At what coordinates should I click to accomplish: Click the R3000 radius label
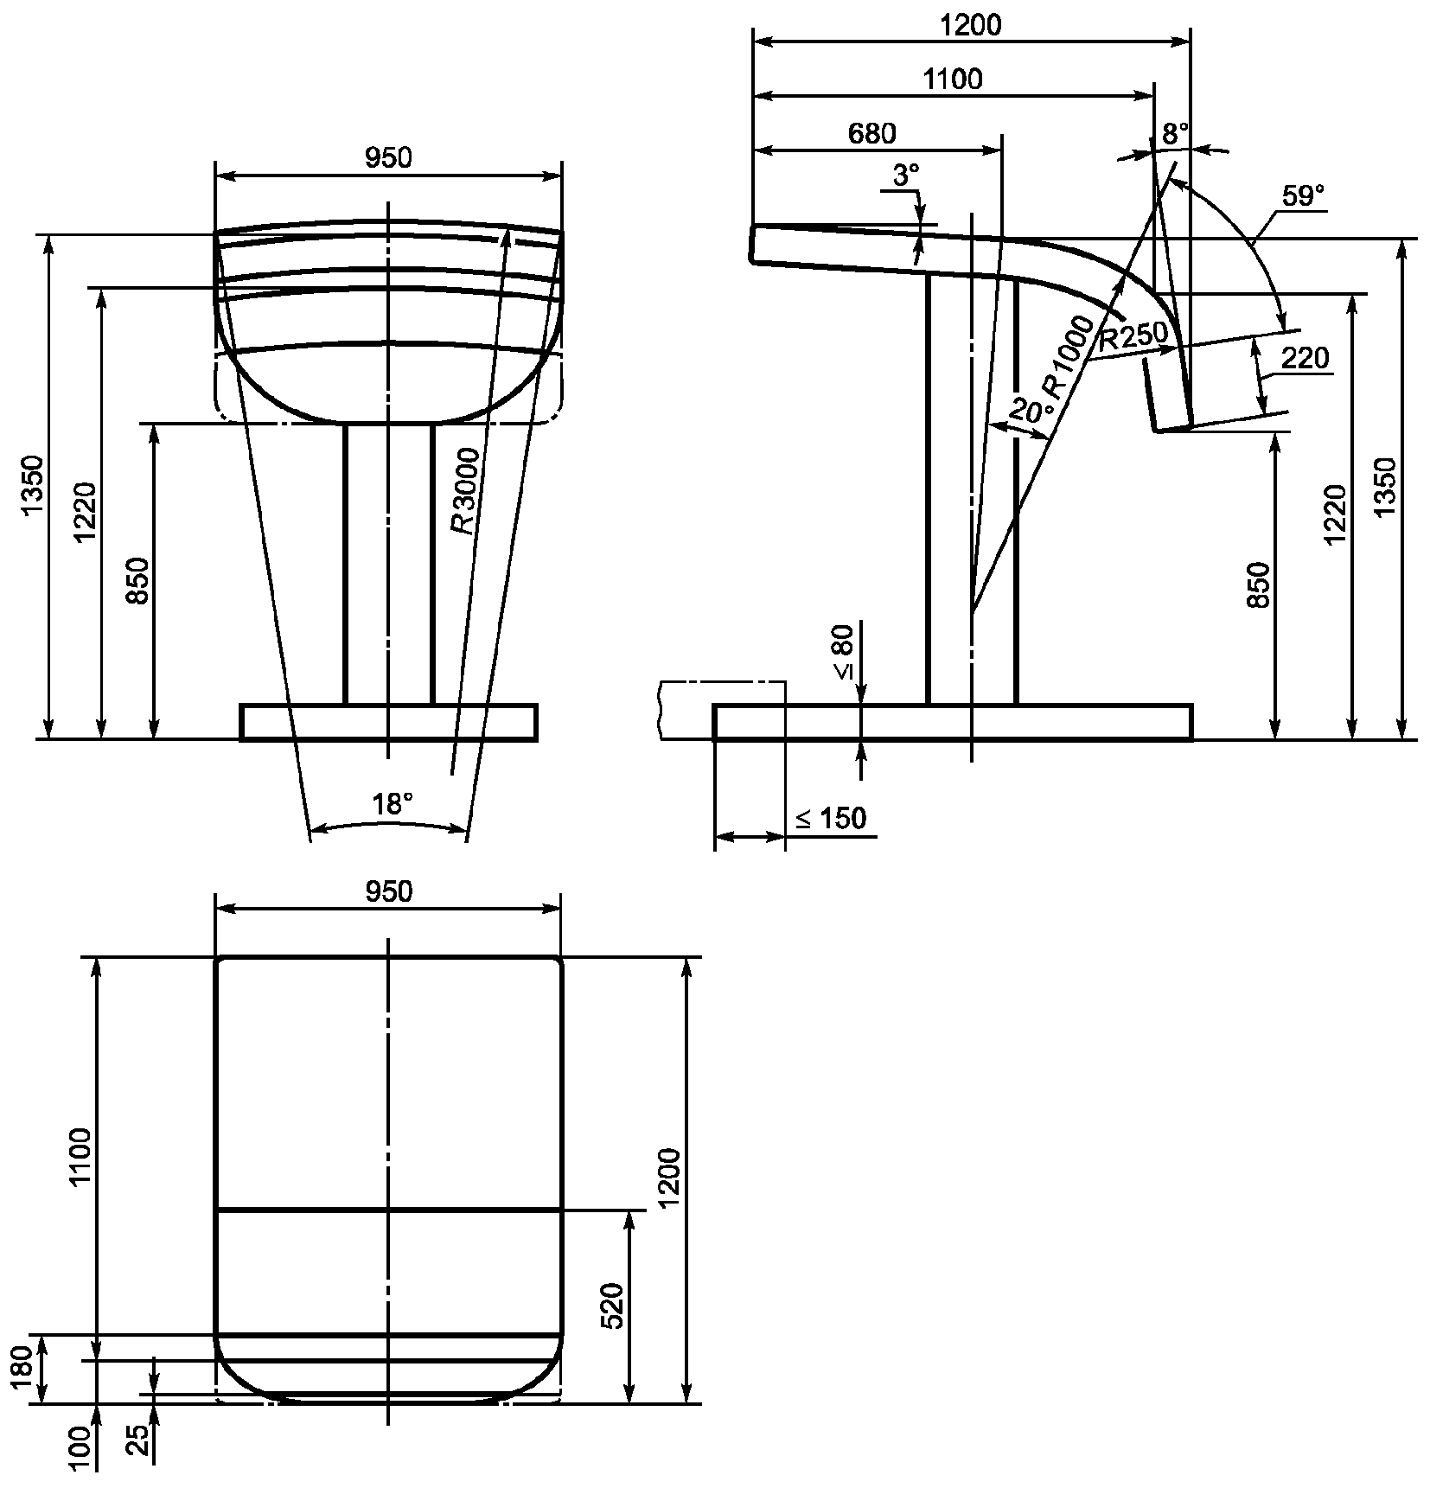point(463,490)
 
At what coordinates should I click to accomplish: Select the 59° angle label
point(1303,195)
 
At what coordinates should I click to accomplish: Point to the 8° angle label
point(1175,134)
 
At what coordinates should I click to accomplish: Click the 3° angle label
point(905,176)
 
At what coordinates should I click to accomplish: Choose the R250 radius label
point(1133,337)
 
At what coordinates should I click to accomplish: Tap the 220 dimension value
point(1304,358)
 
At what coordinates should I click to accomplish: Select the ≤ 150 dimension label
point(830,818)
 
